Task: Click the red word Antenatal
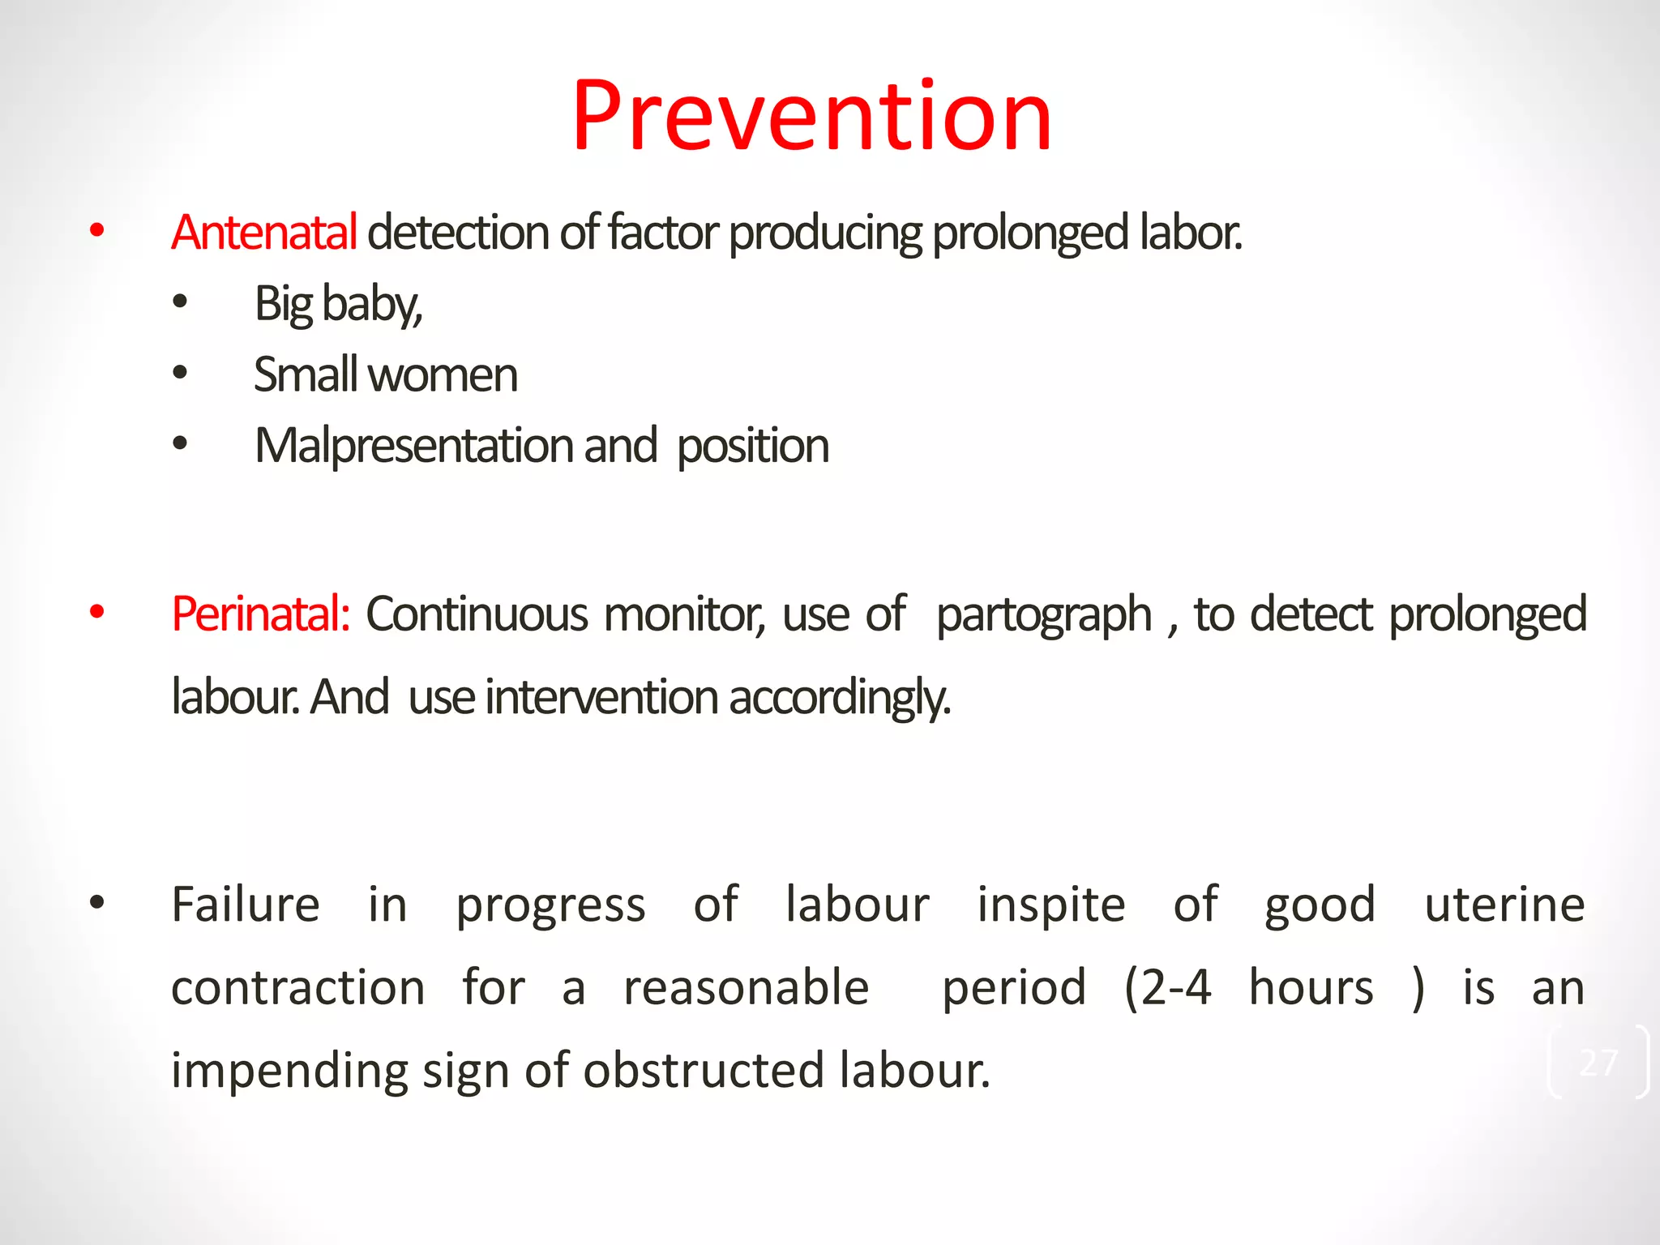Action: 263,233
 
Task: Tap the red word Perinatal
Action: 260,614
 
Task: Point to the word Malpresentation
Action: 413,446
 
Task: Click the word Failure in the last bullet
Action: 246,905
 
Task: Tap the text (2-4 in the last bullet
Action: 1168,988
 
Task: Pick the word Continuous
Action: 477,614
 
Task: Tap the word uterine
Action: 1504,905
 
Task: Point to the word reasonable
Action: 746,988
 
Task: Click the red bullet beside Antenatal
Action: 97,231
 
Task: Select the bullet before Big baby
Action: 180,302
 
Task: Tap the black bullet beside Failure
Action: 97,903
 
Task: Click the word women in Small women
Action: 443,375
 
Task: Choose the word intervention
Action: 601,698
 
